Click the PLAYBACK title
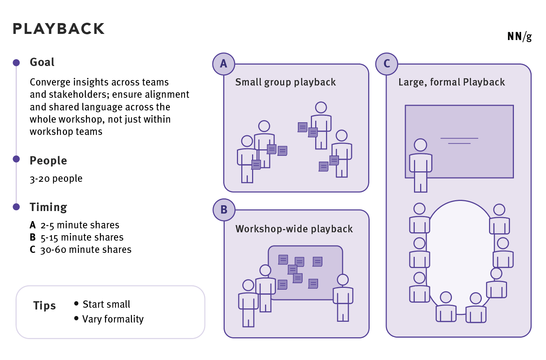[58, 29]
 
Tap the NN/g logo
[519, 36]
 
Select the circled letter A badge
[224, 64]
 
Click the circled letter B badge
[224, 210]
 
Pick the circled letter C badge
[387, 64]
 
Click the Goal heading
[42, 62]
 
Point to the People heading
[48, 161]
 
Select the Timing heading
[48, 207]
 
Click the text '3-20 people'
[56, 179]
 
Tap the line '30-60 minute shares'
[85, 250]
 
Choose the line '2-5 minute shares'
[80, 225]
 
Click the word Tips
[44, 306]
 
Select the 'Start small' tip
[106, 304]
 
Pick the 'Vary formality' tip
[113, 319]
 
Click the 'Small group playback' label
[285, 82]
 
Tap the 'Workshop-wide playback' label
[294, 229]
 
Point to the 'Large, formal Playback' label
[452, 82]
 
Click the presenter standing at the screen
[420, 164]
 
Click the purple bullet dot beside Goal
[16, 63]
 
